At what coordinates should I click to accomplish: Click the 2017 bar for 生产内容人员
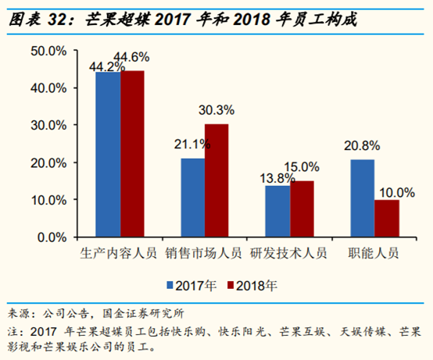click(108, 155)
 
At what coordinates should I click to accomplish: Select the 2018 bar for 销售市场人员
click(216, 180)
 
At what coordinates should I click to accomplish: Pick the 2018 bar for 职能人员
click(386, 218)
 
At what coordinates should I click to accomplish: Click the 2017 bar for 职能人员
click(362, 198)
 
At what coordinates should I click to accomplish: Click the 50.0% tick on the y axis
click(48, 51)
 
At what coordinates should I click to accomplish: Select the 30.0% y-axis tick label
click(48, 125)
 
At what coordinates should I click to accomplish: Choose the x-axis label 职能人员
click(374, 253)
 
